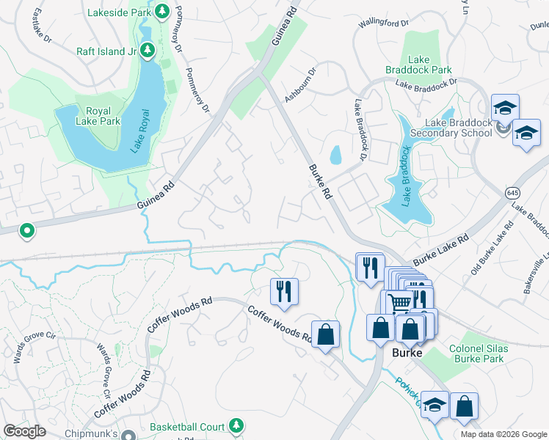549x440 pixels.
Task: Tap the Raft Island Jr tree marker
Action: click(x=148, y=51)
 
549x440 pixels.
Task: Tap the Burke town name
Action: click(x=407, y=353)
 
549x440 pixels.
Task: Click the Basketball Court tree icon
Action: click(x=236, y=425)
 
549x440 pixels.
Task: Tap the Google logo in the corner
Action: click(x=24, y=431)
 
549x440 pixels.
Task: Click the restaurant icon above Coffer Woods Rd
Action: click(x=283, y=290)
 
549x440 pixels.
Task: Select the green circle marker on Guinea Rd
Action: click(x=27, y=232)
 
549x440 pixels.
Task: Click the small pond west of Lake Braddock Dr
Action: click(x=335, y=155)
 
